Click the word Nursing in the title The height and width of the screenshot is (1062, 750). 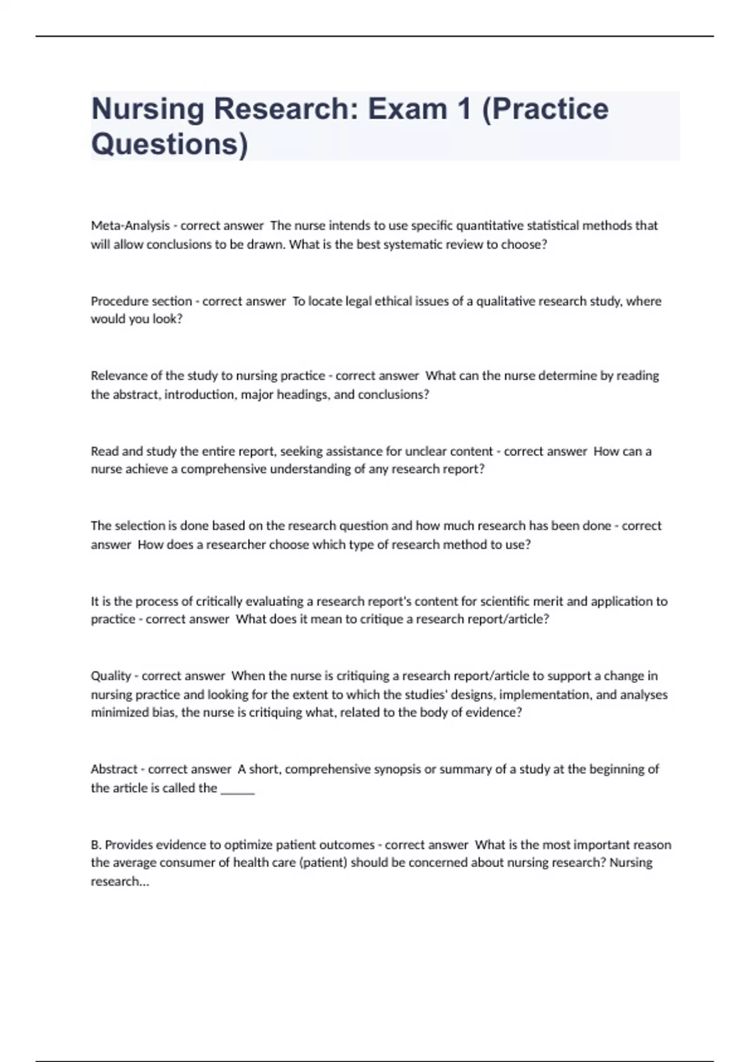click(147, 109)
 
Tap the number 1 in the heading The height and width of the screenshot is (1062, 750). click(463, 109)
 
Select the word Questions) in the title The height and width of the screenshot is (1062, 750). click(169, 144)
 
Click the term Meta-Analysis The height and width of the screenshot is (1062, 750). click(130, 226)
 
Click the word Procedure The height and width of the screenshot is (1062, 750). click(119, 301)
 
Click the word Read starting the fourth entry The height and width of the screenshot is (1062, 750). click(103, 451)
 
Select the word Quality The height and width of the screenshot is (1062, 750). click(111, 676)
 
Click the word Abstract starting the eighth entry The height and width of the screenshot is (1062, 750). click(114, 770)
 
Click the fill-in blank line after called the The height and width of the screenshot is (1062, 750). click(237, 790)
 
